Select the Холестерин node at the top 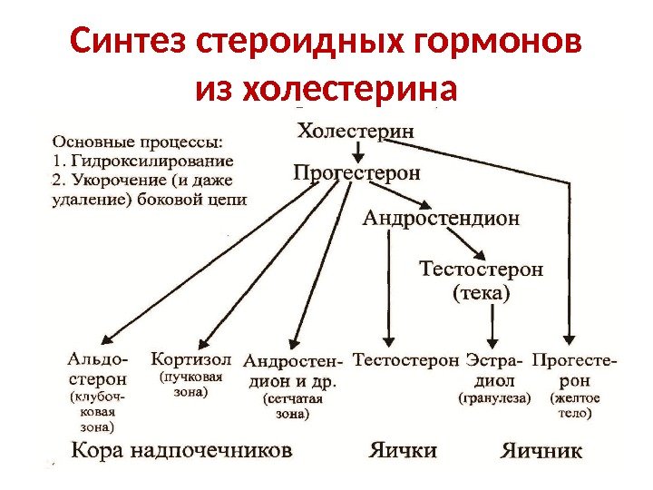pos(356,130)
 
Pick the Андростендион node pos(442,218)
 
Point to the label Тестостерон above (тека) pos(482,269)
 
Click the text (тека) pos(482,294)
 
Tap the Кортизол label pos(191,358)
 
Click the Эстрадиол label pos(494,368)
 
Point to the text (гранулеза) pos(494,397)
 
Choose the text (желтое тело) pos(572,406)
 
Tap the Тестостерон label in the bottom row pos(405,359)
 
